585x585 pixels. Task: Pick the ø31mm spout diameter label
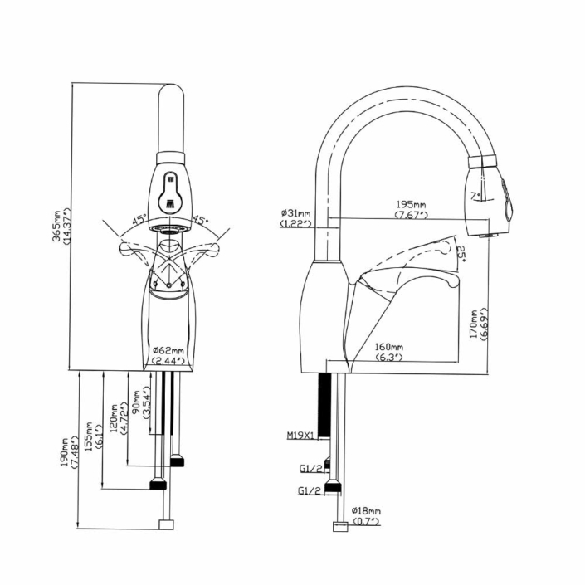(x=295, y=217)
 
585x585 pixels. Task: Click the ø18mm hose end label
(x=365, y=515)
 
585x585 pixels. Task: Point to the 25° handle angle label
(x=461, y=253)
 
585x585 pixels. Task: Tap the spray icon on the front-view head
(x=171, y=189)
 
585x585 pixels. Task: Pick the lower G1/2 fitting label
(x=310, y=490)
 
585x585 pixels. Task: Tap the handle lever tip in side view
(x=453, y=285)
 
